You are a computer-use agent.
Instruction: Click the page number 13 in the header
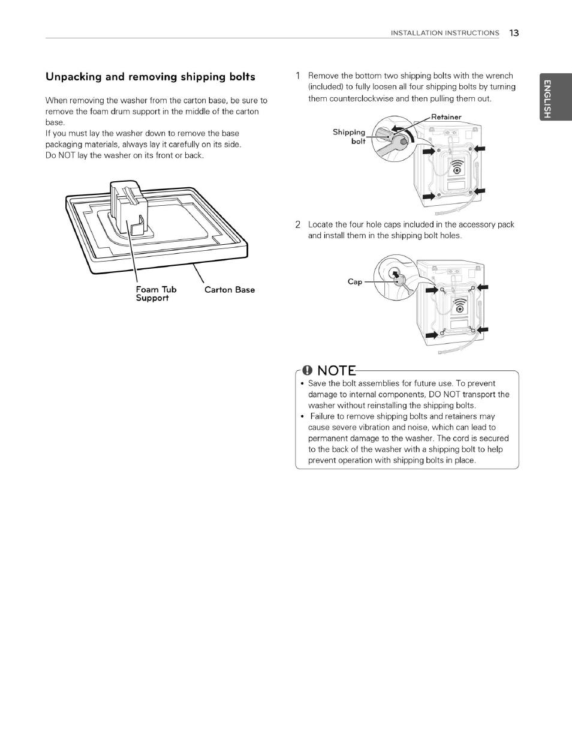click(514, 33)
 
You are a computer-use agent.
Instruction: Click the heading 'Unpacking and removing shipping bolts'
click(150, 77)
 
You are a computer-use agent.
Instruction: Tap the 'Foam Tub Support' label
click(156, 293)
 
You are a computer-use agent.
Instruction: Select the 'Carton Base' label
click(229, 290)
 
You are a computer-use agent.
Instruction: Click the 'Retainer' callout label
click(446, 117)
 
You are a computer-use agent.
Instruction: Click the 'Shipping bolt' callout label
click(350, 136)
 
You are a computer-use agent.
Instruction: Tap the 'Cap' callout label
click(354, 281)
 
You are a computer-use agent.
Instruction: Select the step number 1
click(297, 76)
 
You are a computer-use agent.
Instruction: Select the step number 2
click(297, 225)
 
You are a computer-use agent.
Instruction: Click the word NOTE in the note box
click(336, 371)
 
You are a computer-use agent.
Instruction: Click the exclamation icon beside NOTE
click(308, 371)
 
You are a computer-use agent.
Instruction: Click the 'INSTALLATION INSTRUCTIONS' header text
click(444, 33)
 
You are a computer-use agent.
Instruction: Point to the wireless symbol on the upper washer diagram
click(457, 166)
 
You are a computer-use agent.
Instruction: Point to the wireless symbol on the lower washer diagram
click(459, 305)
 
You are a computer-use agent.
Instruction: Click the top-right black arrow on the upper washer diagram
click(480, 149)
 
